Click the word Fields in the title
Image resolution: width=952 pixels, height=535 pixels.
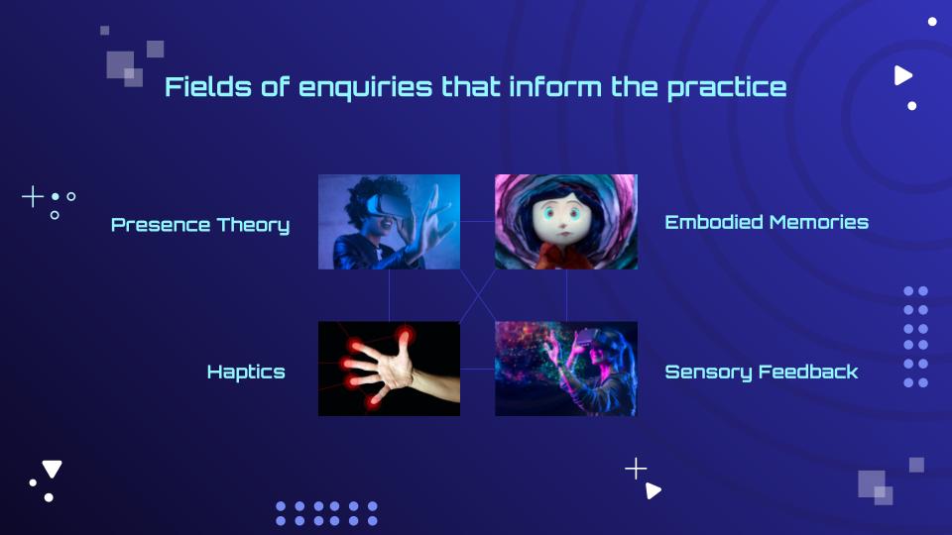(x=207, y=87)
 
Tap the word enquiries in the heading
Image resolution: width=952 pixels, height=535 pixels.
(x=366, y=88)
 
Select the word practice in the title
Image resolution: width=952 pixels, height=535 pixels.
(x=727, y=88)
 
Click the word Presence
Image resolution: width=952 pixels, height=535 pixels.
(x=161, y=225)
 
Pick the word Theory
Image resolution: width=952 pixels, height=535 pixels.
(x=253, y=226)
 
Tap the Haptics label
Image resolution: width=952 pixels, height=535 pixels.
(x=246, y=373)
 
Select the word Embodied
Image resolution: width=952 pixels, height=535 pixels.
(x=714, y=222)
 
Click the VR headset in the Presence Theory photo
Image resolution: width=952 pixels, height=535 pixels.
(x=385, y=206)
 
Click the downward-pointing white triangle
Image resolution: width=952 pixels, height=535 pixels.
(x=52, y=469)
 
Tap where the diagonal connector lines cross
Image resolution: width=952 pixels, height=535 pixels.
(x=478, y=295)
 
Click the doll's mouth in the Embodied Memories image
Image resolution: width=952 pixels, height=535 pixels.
(x=562, y=235)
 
